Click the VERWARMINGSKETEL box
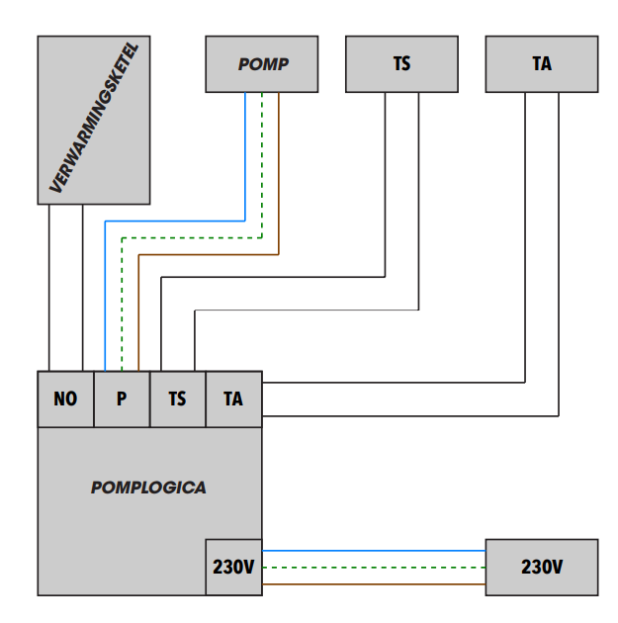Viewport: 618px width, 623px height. pos(94,120)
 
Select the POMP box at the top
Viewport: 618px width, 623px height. pos(262,64)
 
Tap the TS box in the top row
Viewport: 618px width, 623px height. pos(402,64)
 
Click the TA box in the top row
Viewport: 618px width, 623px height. pos(542,64)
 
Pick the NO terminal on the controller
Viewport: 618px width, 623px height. pos(65,399)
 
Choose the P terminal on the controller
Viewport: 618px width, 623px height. pos(122,399)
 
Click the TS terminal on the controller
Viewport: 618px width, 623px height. pos(177,399)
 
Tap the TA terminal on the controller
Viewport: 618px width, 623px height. pos(233,399)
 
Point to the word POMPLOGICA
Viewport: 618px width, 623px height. pos(148,488)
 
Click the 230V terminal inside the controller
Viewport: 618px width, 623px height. pos(233,568)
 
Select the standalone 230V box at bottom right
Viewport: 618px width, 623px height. pos(542,567)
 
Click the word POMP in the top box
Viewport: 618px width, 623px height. pos(262,64)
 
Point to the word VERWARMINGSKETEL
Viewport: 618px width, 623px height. pos(94,120)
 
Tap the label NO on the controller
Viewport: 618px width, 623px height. pos(65,399)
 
